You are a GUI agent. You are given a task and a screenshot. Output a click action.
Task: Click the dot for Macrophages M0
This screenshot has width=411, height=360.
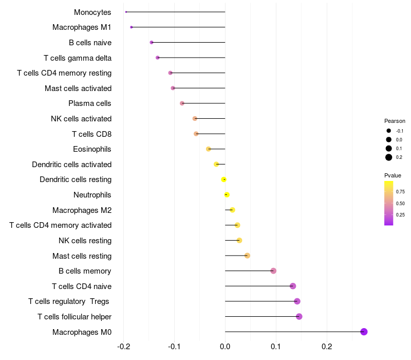(364, 332)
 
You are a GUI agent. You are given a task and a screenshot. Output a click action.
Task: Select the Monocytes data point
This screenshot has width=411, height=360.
(126, 12)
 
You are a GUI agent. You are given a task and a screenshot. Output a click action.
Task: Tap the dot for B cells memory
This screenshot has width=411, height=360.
(273, 271)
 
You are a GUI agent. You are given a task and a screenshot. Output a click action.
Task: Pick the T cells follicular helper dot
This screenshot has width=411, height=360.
(299, 316)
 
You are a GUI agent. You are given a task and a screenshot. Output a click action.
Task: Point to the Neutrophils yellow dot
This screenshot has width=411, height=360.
(227, 195)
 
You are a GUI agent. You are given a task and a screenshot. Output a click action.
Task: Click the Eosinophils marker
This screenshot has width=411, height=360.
(208, 149)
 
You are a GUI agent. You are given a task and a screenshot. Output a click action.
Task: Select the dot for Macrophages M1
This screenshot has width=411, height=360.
(132, 27)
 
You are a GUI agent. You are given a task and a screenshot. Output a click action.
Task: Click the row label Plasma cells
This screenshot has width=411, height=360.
(90, 103)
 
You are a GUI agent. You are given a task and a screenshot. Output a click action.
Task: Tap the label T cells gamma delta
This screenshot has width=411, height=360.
(78, 58)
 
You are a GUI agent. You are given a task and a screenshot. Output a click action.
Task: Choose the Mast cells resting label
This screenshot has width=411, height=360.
(82, 256)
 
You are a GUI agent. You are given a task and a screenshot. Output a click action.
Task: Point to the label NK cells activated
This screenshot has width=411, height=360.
(81, 119)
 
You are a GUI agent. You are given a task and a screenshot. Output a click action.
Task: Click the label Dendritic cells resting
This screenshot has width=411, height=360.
(76, 179)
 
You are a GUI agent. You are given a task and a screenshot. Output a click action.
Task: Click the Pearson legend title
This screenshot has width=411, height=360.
(395, 121)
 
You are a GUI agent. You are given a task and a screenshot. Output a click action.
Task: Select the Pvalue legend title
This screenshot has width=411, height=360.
(393, 175)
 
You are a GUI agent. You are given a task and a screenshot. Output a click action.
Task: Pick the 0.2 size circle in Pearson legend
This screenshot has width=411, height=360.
(389, 157)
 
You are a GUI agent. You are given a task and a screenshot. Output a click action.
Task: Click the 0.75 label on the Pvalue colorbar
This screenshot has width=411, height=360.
(400, 191)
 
